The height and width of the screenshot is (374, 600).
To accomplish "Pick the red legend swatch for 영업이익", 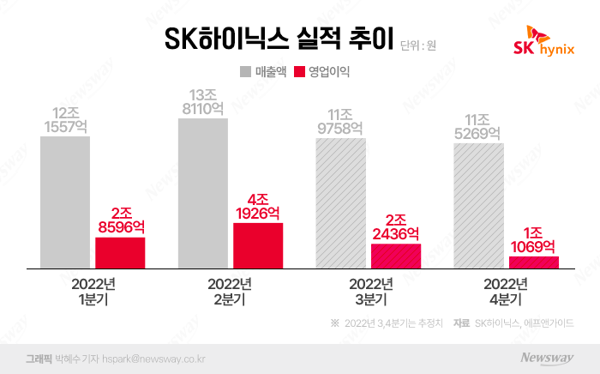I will (300, 72).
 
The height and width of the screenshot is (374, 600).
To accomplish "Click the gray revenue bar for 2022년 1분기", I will (65, 202).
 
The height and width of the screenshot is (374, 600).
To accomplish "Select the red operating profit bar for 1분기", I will (120, 252).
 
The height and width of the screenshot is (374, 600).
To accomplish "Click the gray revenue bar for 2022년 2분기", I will (203, 193).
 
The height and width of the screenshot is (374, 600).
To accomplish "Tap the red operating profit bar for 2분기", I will (258, 245).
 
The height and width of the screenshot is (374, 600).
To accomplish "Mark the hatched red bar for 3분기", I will (396, 256).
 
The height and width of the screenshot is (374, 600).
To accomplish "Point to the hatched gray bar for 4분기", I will (478, 206).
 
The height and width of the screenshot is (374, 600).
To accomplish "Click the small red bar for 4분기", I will (533, 262).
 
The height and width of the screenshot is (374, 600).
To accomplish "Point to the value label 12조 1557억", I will (65, 119).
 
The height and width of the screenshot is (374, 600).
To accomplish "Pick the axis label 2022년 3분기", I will (369, 293).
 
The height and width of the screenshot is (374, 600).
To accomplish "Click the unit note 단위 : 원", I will (418, 45).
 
